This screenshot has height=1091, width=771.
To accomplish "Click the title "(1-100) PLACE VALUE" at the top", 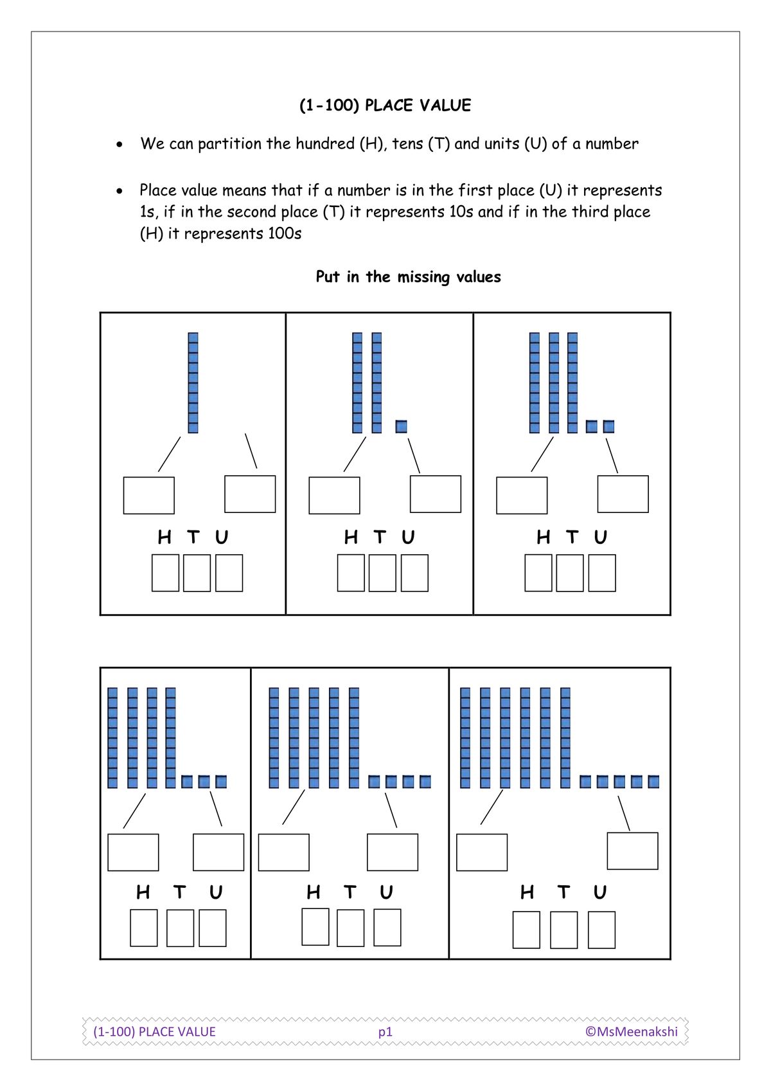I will pos(385,105).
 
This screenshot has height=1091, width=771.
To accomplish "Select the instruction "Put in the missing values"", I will pos(408,277).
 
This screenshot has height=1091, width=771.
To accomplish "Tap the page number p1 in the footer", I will pos(385,1031).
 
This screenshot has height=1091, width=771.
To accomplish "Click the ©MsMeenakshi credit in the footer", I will pos(631,1031).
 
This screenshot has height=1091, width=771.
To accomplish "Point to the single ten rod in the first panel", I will pos(193,383).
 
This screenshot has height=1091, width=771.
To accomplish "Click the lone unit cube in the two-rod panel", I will pos(402,426).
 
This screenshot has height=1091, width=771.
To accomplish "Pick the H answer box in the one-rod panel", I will pos(165,573).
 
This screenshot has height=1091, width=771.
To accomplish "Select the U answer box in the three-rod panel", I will pos(602,573).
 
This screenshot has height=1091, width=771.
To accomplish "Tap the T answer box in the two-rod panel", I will pos(382,573).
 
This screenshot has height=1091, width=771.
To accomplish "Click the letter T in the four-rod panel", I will pos(179,892).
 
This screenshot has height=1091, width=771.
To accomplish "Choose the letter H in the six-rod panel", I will pos(527,892).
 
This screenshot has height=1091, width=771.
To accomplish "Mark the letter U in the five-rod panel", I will pos(386,892).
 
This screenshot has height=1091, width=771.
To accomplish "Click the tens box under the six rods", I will pos(481,852).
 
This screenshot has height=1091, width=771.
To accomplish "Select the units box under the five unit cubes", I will pos(632,851).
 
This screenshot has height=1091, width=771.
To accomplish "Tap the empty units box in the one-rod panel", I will pos(250,494).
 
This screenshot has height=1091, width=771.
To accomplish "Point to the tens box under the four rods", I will pos(133,852).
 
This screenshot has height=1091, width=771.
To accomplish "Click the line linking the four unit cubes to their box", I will pos(391,810).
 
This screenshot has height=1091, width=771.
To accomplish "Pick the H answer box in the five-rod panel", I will pos(315,926).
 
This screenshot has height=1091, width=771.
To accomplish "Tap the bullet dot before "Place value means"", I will pos(120,191).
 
